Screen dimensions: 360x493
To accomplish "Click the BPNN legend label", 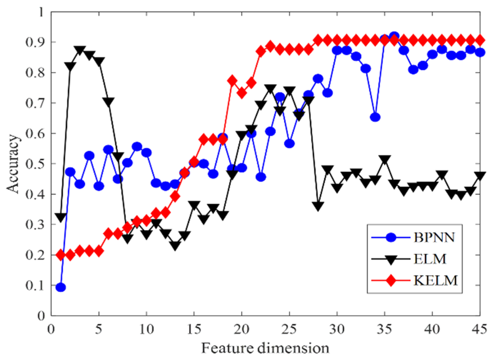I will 434,237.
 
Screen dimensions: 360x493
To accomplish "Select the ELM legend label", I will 430,259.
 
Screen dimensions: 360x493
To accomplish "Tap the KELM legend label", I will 435,281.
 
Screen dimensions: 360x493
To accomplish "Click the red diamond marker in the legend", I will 391,281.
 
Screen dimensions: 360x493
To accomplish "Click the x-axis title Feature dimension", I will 265,348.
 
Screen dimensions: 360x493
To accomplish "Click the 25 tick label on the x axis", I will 289,329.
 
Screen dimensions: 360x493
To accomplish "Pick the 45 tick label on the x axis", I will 479,329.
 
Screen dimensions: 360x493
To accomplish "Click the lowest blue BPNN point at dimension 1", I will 61,287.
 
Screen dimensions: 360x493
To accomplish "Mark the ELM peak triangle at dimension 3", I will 80,49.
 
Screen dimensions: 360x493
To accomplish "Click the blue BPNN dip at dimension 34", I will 375,117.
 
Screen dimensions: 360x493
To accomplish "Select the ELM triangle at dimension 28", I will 318,206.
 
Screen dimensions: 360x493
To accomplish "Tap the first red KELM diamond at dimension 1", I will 61,255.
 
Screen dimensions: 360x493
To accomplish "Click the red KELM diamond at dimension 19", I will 232,81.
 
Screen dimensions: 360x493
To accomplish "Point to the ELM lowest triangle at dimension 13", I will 175,246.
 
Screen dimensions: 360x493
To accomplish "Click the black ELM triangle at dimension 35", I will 385,159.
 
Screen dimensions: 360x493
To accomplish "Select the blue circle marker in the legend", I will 391,238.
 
